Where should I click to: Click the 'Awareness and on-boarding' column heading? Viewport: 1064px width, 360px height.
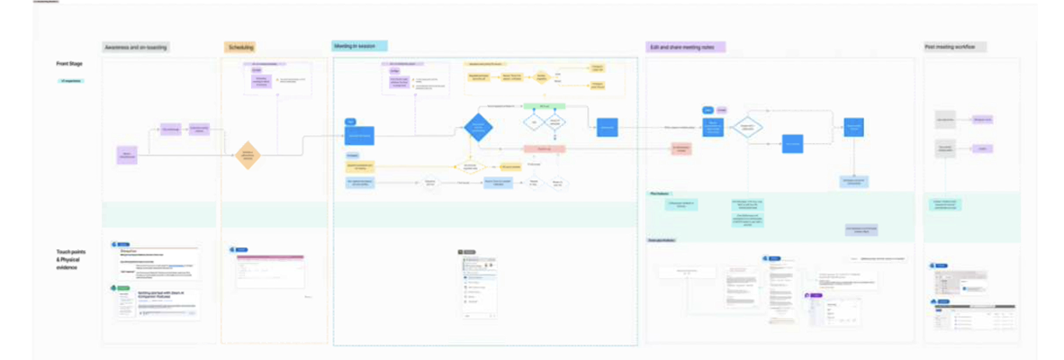click(136, 47)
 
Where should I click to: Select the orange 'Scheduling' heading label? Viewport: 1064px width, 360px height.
click(241, 47)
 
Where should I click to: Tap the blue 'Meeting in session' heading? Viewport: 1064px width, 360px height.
click(359, 46)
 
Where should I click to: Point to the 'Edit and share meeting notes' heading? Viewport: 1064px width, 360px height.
click(686, 47)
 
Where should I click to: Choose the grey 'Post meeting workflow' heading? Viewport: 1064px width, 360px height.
click(955, 47)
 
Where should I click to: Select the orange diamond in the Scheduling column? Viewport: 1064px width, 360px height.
click(247, 155)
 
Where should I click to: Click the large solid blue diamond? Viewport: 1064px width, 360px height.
click(478, 126)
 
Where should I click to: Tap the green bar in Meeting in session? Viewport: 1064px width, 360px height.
click(544, 106)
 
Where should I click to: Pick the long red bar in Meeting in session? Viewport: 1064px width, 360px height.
click(544, 148)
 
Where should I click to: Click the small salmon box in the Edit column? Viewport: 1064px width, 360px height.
click(681, 148)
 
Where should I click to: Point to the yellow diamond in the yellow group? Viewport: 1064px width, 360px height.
click(541, 78)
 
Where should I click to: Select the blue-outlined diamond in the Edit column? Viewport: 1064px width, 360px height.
click(746, 128)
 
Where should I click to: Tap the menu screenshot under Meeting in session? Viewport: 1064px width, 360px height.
click(478, 287)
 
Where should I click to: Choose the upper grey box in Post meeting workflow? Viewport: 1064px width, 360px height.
click(945, 119)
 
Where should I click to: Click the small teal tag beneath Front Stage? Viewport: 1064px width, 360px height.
click(69, 81)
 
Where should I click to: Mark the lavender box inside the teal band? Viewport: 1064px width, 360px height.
click(861, 229)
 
